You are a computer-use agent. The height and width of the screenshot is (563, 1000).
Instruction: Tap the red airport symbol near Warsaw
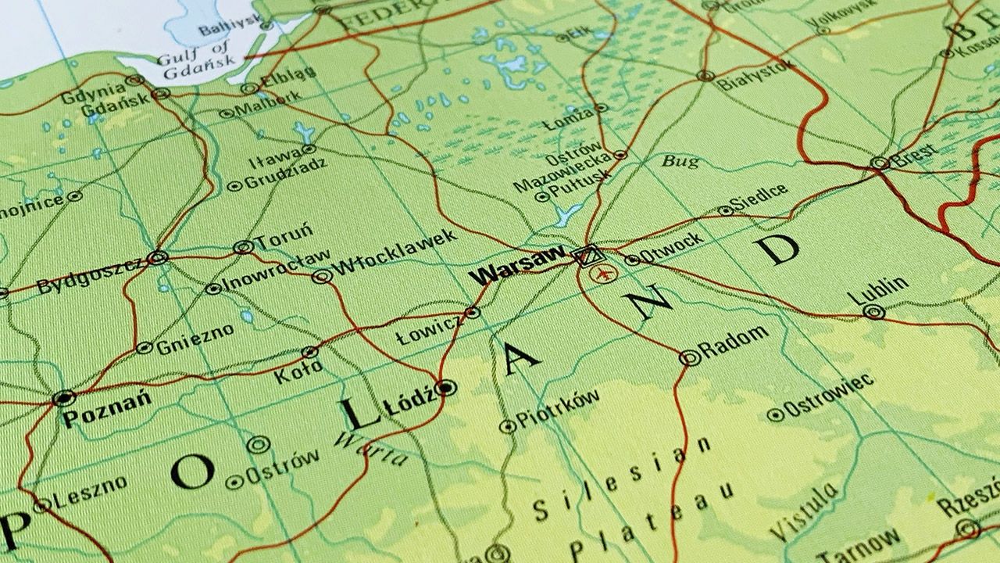click(x=602, y=274)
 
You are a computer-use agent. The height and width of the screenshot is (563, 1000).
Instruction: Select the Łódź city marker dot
click(x=445, y=387)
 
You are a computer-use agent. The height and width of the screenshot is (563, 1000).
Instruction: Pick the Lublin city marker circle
click(x=874, y=312)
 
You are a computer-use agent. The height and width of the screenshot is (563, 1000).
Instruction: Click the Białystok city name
click(x=755, y=74)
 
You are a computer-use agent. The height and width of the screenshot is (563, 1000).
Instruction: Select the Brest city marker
click(x=880, y=163)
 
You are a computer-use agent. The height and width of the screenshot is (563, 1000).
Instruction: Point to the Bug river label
click(x=680, y=162)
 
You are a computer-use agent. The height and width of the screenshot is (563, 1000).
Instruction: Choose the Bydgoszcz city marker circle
click(x=159, y=257)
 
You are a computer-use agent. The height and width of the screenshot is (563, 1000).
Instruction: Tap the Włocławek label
click(x=394, y=253)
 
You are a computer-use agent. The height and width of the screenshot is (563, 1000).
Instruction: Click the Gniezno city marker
click(x=144, y=347)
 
